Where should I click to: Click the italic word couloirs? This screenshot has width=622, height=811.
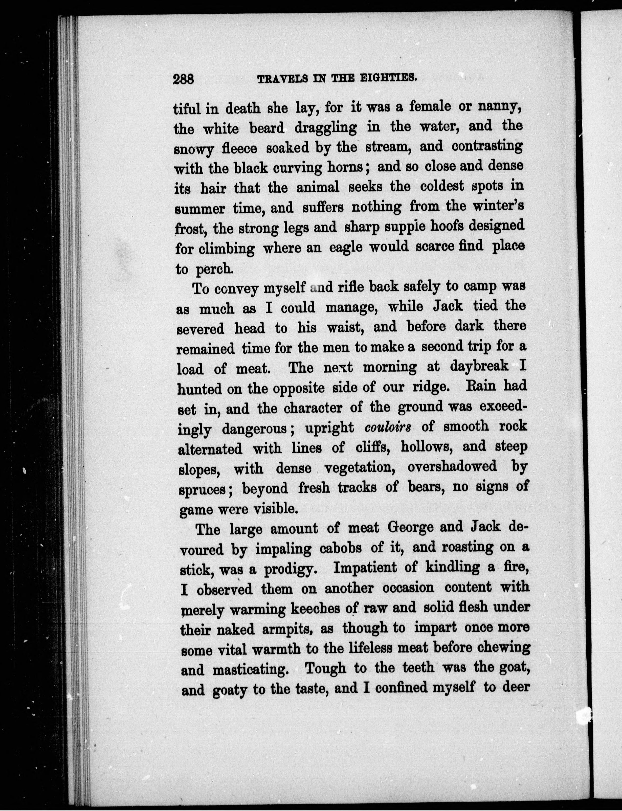point(388,427)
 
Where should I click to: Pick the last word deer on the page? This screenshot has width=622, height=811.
point(516,688)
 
